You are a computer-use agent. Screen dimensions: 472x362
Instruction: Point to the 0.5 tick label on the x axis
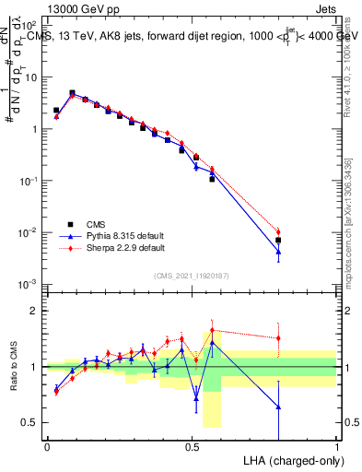coord(192,447)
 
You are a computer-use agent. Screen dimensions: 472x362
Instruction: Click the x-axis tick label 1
coord(336,447)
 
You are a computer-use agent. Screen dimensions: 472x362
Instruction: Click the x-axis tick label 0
coord(47,447)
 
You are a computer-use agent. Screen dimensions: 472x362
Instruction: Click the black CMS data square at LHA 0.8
coord(278,240)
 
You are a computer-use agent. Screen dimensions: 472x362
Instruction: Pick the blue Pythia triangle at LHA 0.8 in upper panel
coord(278,252)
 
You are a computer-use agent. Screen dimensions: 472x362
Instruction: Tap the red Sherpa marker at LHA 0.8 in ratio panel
coord(278,337)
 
